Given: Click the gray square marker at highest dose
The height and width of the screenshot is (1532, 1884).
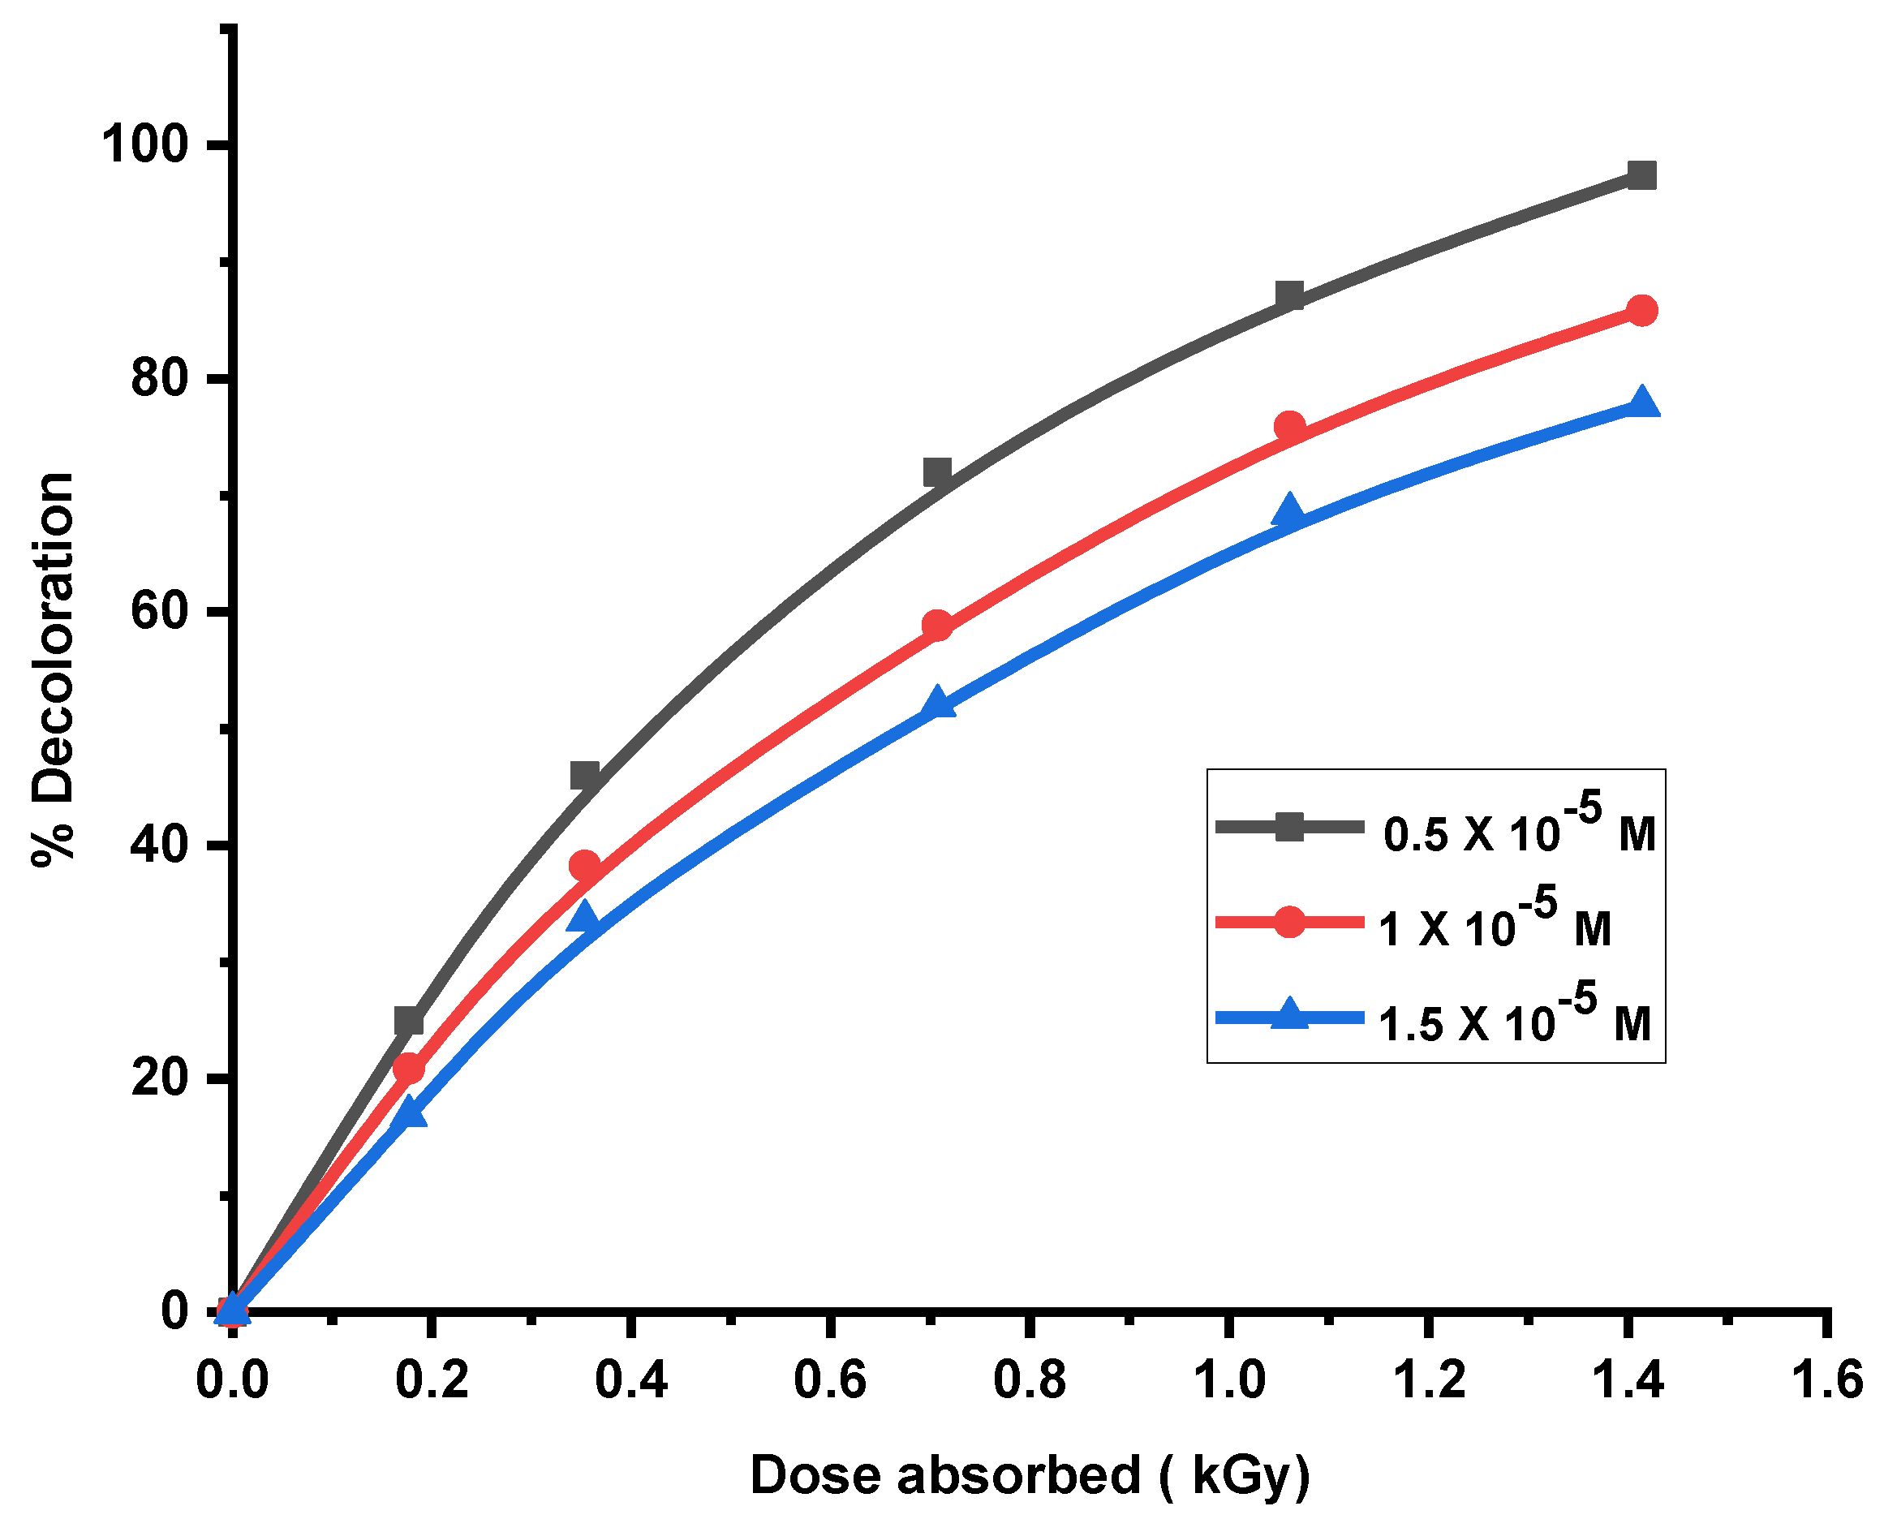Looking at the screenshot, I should coord(1641,174).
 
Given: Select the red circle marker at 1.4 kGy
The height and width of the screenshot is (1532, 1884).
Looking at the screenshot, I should coord(1641,311).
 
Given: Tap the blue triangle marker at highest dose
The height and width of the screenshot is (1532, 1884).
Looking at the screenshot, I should coord(1641,402).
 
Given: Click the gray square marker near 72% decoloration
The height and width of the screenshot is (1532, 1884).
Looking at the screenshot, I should coord(937,472).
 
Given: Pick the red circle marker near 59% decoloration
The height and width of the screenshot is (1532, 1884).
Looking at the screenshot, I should coord(937,626).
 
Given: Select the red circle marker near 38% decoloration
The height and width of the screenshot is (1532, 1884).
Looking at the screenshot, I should coord(585,866).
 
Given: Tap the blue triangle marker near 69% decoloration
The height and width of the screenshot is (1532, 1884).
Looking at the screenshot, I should coord(1289,510).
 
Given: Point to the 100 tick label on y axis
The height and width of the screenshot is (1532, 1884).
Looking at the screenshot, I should coord(145,144).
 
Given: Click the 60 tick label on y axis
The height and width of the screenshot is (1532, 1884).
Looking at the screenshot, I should coord(161,612).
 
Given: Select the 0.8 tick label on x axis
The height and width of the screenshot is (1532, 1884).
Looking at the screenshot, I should coord(1029,1379).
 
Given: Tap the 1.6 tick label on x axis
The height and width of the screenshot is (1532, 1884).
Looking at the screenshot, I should coord(1826,1379).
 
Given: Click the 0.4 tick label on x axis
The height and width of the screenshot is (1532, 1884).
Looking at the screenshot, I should coord(631,1379).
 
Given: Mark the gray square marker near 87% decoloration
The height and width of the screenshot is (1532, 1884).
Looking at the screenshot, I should coord(1289,295).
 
